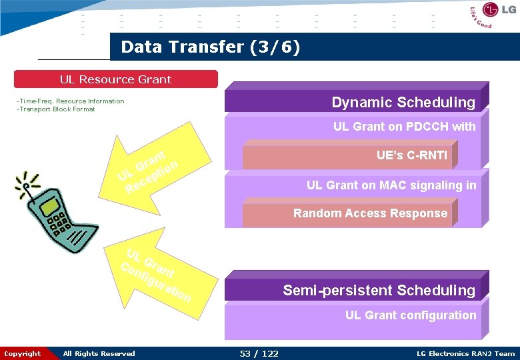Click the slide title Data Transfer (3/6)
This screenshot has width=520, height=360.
pyautogui.click(x=211, y=47)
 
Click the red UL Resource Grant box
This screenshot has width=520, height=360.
pyautogui.click(x=116, y=79)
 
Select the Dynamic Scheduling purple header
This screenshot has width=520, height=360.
pyautogui.click(x=357, y=101)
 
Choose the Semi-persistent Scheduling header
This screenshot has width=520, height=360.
pyautogui.click(x=357, y=290)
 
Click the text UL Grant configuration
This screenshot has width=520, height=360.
pyautogui.click(x=410, y=315)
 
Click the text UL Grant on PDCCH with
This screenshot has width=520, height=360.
pyautogui.click(x=404, y=127)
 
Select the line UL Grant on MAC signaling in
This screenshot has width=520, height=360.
pyautogui.click(x=391, y=185)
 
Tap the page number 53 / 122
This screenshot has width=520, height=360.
pyautogui.click(x=259, y=353)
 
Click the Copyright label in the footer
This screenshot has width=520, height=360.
pyautogui.click(x=23, y=353)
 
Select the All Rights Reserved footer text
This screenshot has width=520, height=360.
pyautogui.click(x=99, y=353)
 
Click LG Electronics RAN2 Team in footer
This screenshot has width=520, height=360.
pyautogui.click(x=465, y=353)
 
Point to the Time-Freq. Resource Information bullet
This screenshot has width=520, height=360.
pyautogui.click(x=71, y=101)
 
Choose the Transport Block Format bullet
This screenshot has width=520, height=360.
pyautogui.click(x=56, y=109)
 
